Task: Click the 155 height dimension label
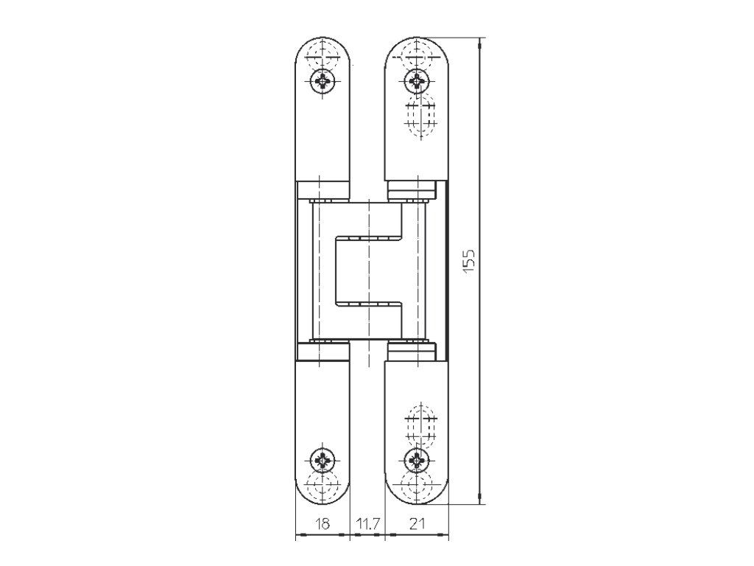tap(469, 261)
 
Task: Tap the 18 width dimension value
tap(323, 524)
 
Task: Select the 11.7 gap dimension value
tap(367, 524)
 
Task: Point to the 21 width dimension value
tap(417, 524)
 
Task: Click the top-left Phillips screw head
tap(323, 81)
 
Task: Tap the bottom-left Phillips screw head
tap(323, 460)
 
